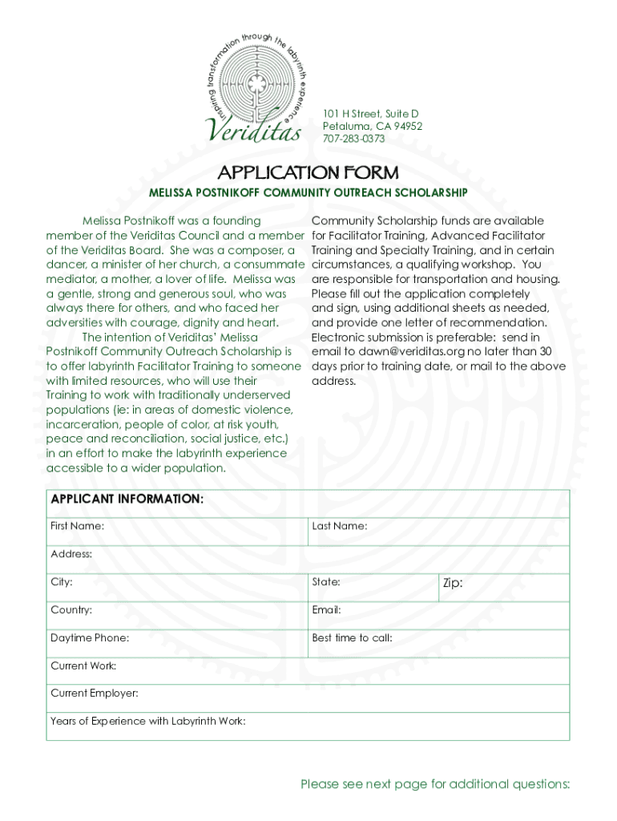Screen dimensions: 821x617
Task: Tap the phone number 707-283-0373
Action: [x=353, y=139]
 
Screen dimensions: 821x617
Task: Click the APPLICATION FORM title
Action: [x=308, y=172]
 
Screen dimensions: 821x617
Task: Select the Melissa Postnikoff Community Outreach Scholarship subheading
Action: [x=308, y=193]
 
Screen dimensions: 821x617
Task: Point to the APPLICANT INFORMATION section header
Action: [x=127, y=499]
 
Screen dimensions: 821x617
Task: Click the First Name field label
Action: [x=77, y=527]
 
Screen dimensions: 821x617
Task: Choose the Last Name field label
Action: [x=340, y=527]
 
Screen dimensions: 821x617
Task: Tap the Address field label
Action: [x=71, y=554]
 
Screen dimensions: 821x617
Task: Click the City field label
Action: [x=62, y=582]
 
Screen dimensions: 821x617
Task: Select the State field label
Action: [x=326, y=582]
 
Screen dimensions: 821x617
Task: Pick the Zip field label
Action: [x=453, y=583]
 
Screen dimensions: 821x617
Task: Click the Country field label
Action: [x=71, y=610]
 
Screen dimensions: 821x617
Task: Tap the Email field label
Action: [x=326, y=610]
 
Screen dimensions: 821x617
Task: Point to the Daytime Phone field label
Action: [x=90, y=638]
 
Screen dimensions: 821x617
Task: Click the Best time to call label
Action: [x=352, y=638]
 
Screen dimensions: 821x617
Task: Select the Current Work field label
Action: [x=83, y=665]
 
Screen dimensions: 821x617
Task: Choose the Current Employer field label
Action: [x=95, y=694]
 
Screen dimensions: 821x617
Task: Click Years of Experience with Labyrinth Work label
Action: [x=148, y=722]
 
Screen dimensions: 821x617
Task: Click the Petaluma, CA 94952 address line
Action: [x=373, y=127]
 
